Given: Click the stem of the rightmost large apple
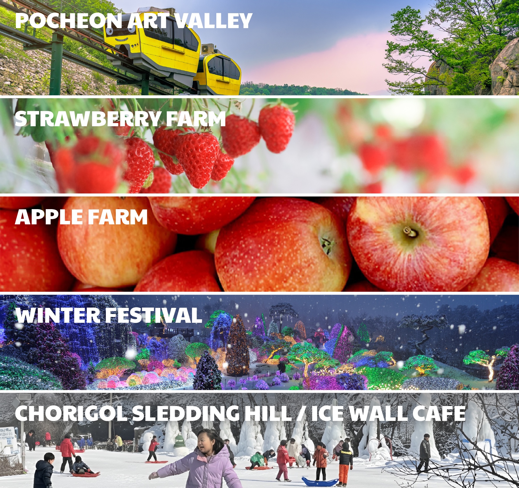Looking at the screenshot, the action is click(410, 231).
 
